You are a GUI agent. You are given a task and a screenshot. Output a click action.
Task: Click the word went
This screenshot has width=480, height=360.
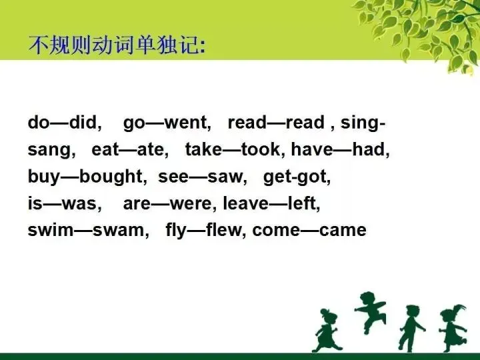[x=187, y=123]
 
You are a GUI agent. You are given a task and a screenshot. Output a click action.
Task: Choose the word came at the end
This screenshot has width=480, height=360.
[x=343, y=231]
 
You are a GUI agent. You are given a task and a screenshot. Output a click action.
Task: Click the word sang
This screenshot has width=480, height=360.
[x=48, y=151]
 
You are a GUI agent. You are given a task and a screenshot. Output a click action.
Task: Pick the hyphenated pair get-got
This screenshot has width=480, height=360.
[x=297, y=177]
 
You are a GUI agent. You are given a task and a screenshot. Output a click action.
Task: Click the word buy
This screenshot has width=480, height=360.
[x=44, y=177]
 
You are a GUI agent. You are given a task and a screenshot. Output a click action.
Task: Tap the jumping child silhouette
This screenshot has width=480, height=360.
[x=370, y=311]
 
